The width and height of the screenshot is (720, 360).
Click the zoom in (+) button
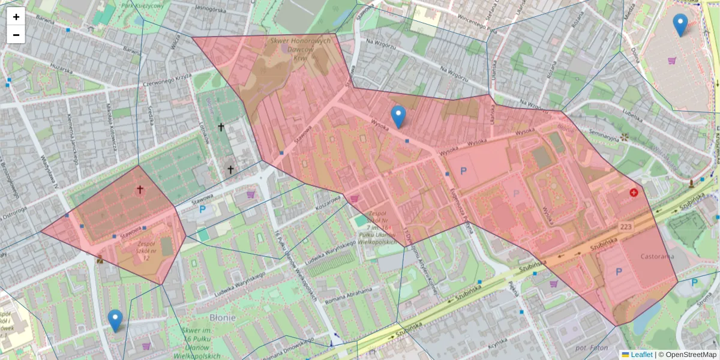(x=16, y=17)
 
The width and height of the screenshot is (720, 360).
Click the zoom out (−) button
(x=16, y=35)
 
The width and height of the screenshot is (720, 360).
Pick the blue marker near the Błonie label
(x=115, y=320)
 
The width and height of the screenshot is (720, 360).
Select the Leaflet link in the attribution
(x=641, y=355)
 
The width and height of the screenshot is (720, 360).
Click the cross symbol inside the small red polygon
(x=140, y=190)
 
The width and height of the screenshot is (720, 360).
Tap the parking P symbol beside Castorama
(x=619, y=272)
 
